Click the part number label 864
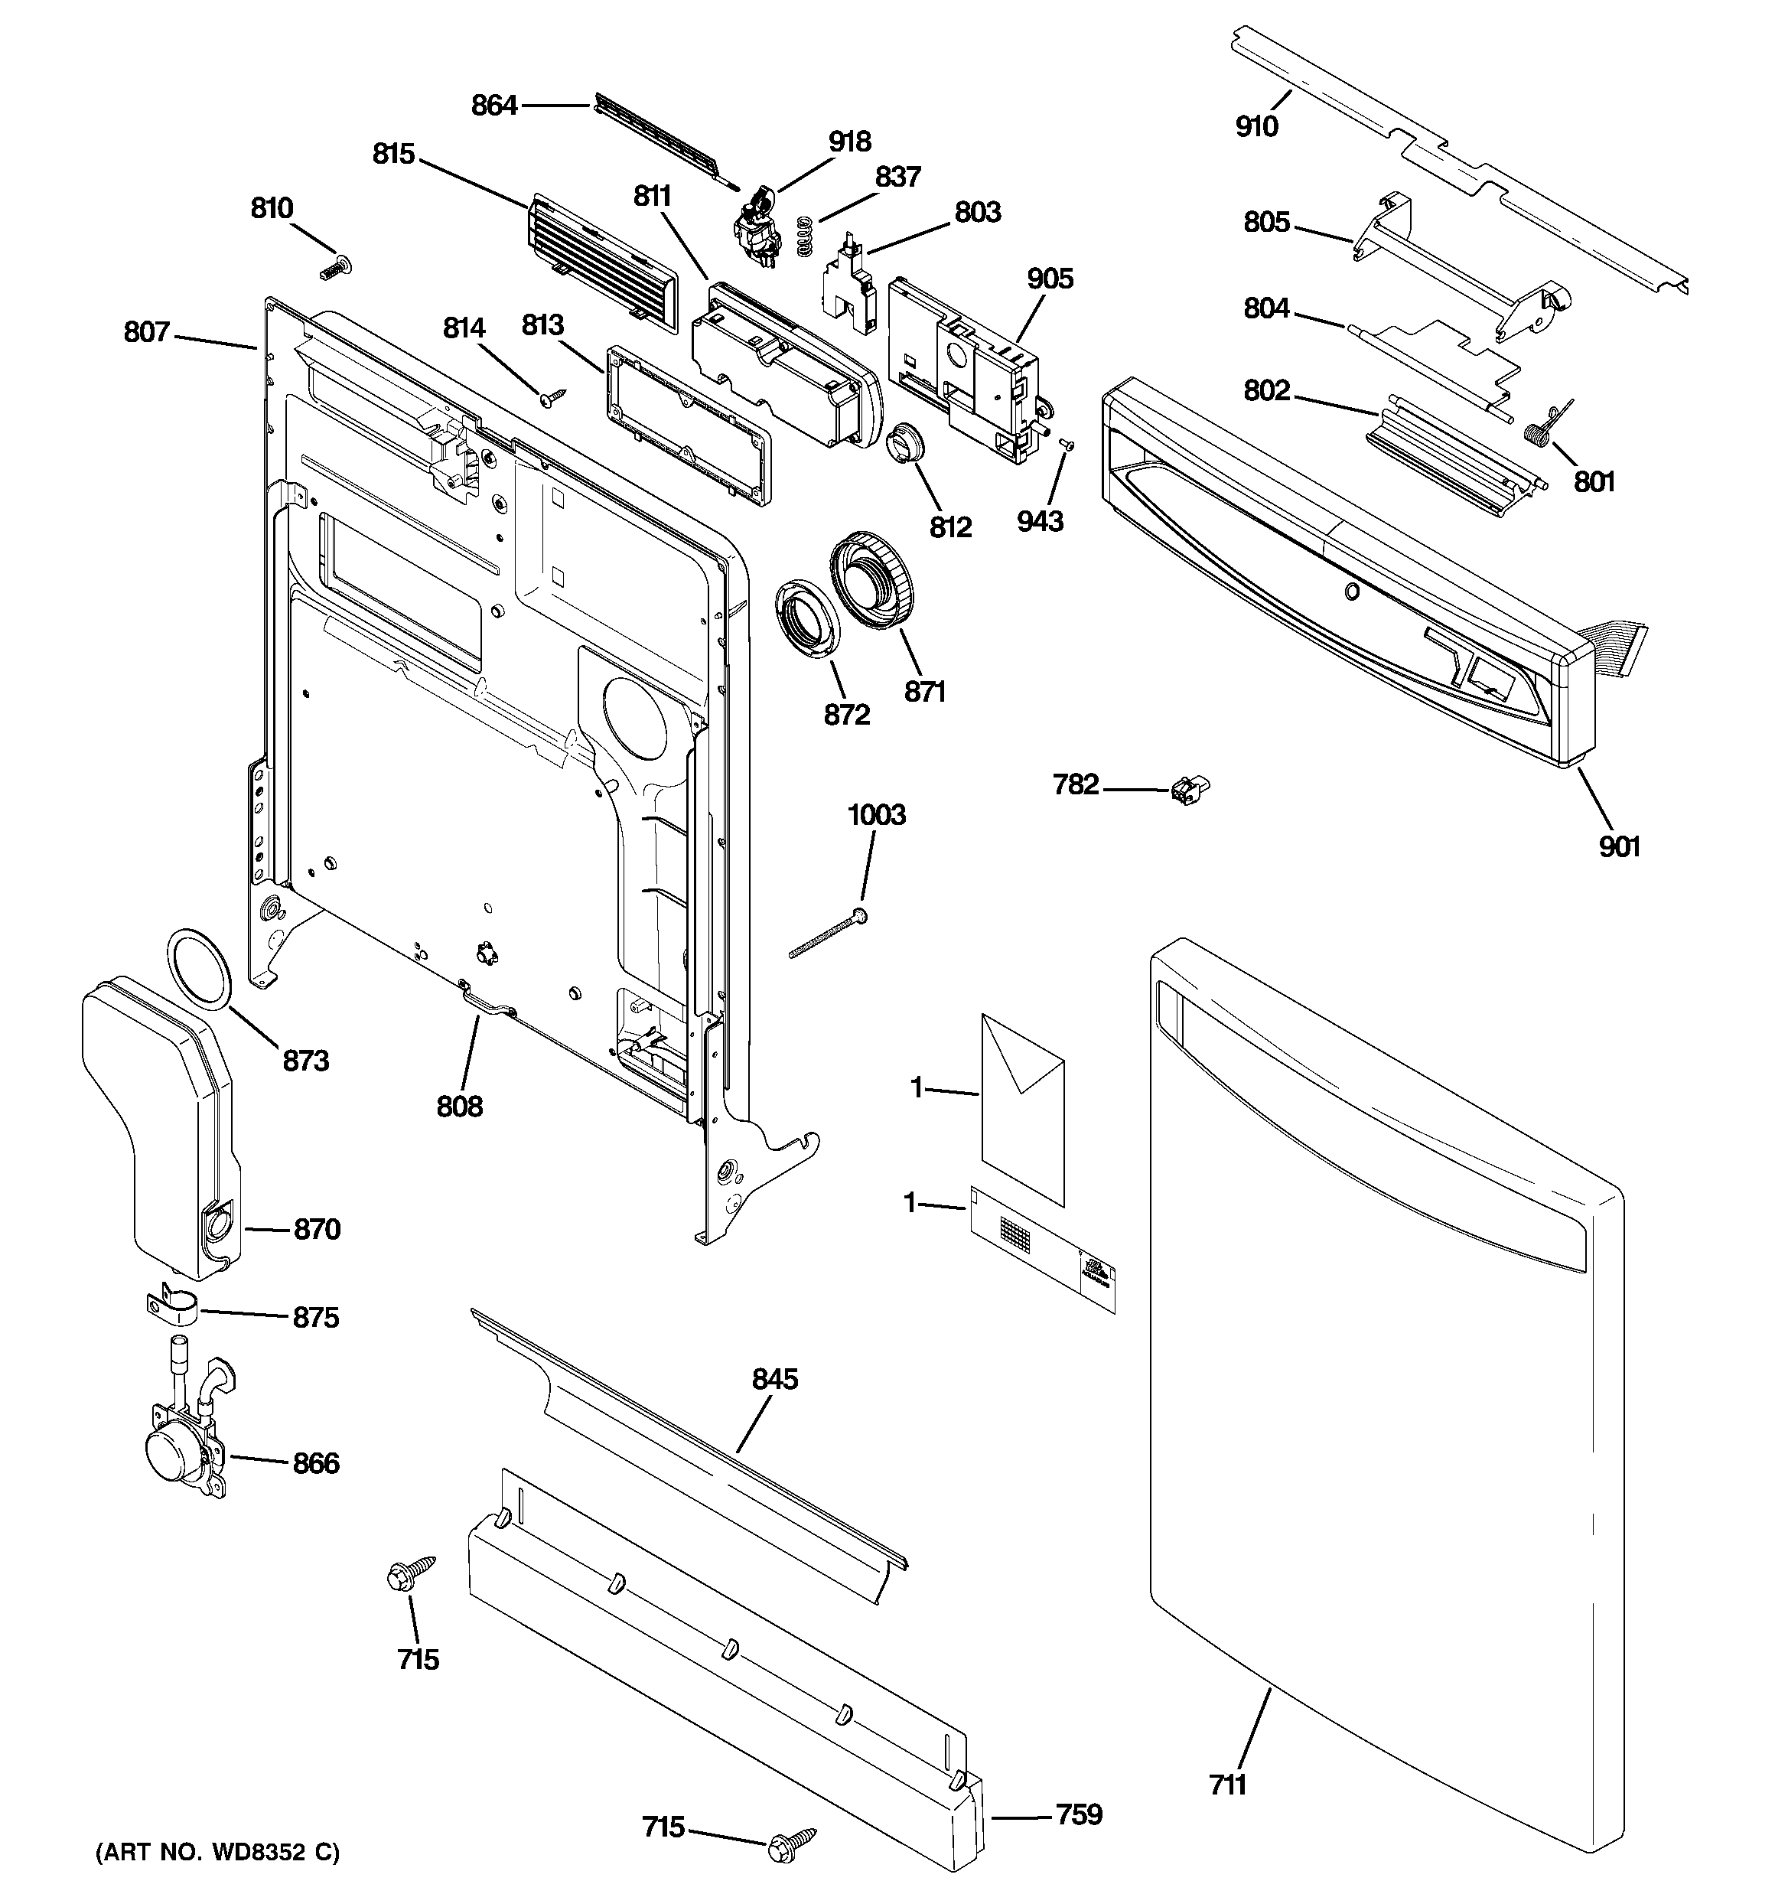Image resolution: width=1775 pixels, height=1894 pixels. [x=493, y=105]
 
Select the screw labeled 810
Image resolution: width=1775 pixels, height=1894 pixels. [x=335, y=269]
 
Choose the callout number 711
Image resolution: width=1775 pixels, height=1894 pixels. [x=1228, y=1785]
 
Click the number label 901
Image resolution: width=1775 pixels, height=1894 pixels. [x=1619, y=846]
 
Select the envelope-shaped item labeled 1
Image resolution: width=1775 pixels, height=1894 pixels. [x=1022, y=1108]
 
